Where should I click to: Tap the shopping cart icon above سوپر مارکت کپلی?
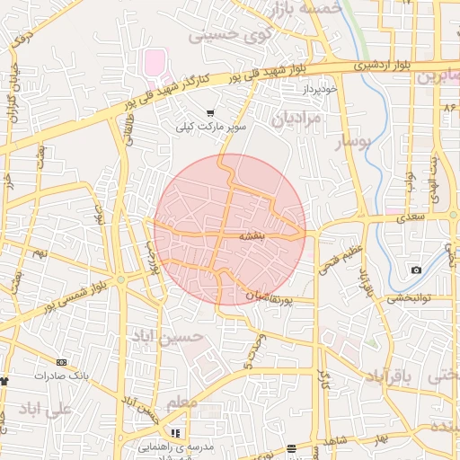tap(210, 114)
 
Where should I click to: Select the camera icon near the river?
tap(416, 270)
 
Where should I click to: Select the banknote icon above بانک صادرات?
tap(60, 362)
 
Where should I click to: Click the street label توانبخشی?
tap(410, 299)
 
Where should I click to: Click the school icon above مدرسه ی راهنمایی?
tap(174, 433)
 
